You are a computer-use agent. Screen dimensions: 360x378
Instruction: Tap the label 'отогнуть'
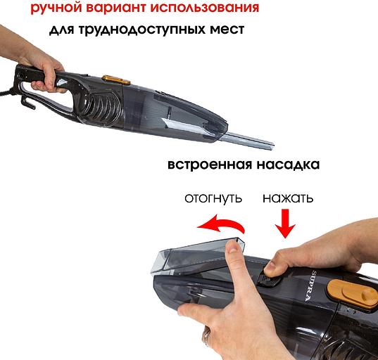coord(213,198)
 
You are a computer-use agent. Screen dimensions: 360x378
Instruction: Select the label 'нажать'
coord(288,198)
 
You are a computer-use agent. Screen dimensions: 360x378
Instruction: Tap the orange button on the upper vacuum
coord(111,79)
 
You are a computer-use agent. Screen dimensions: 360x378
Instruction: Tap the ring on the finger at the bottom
coord(206,339)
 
